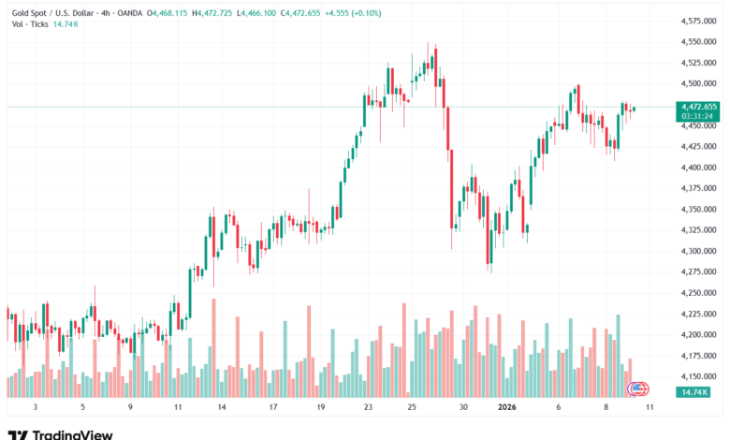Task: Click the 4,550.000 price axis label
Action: tap(694, 42)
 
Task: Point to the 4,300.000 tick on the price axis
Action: tap(694, 251)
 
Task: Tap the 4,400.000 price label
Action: tap(694, 168)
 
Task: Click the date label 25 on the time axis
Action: tap(412, 407)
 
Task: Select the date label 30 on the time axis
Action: tap(463, 407)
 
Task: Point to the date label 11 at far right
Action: tap(649, 407)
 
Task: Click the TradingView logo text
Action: tap(72, 434)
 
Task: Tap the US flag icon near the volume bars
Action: tap(638, 388)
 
